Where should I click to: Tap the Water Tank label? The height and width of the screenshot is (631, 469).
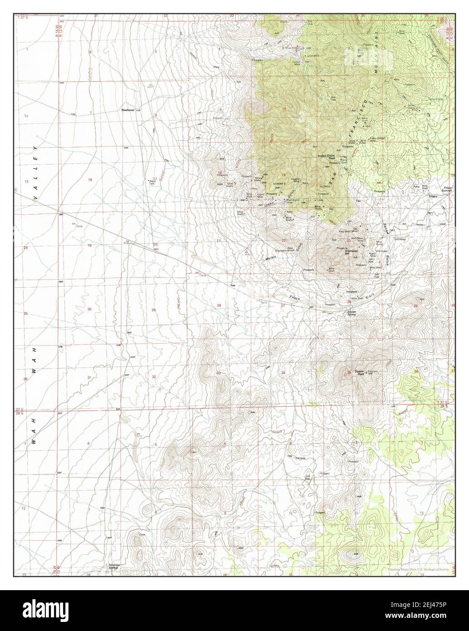coord(153,182)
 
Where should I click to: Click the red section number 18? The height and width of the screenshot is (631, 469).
coord(90,180)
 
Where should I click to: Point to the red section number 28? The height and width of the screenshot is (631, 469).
coord(219,306)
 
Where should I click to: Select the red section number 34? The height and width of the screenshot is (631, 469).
coord(283,373)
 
